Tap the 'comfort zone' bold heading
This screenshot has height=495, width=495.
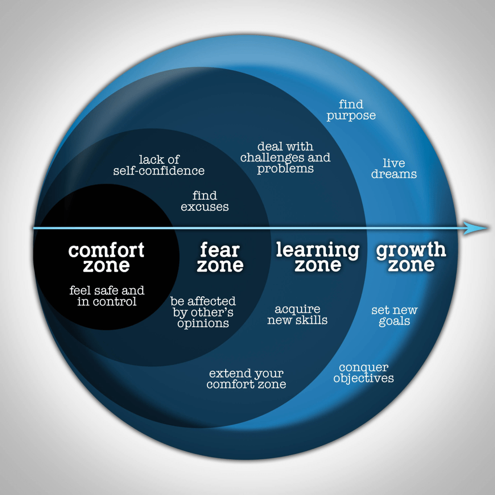tap(106, 258)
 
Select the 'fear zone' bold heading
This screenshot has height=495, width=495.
tap(220, 258)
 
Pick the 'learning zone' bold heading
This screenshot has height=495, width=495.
tap(318, 257)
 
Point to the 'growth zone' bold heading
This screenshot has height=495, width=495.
tap(411, 257)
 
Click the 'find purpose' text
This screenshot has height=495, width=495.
tap(351, 110)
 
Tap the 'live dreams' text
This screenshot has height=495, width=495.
tap(394, 168)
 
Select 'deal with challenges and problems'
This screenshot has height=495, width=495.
tap(285, 158)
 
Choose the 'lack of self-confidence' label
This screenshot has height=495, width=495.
tap(159, 165)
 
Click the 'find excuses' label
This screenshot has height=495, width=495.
tap(205, 201)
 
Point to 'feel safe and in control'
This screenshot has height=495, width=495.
tap(107, 296)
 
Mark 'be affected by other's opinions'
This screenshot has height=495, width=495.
tap(203, 312)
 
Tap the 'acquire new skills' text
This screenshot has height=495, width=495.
tap(297, 315)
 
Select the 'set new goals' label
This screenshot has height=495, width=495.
tap(394, 316)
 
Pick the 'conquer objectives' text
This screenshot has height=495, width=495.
tap(364, 373)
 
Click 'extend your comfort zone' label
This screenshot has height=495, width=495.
tap(247, 379)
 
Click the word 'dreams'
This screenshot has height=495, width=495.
tap(394, 174)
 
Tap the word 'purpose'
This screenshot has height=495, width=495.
tap(351, 116)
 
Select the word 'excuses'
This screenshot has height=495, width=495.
tap(205, 207)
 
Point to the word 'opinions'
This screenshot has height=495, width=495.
tap(203, 323)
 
